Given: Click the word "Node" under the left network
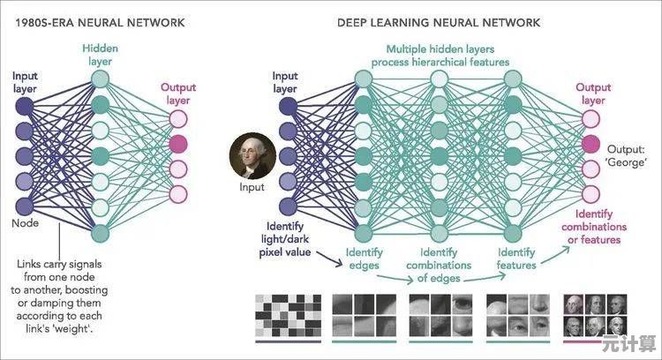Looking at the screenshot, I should pos(26,224).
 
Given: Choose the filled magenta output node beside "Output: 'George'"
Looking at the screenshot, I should pos(593,144).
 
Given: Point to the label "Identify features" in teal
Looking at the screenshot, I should pos(516,259).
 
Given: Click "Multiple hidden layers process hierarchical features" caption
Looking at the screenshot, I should pos(440,55).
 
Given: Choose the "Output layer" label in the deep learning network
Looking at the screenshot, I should pos(593,94).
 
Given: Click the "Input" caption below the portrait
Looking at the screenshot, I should pos(252,187).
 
